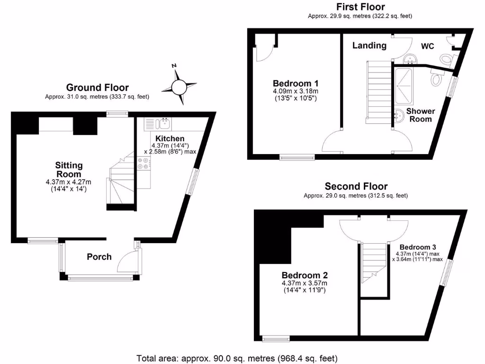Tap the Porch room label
coord(99,257)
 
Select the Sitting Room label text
coord(69,170)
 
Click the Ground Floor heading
coord(97,87)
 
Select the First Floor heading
coord(360,7)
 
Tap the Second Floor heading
coord(356,186)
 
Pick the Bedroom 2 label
coord(305,275)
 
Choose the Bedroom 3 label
coord(417,247)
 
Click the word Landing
coord(369,45)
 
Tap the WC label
coord(428,46)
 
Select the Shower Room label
coord(421,115)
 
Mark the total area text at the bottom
coord(237,358)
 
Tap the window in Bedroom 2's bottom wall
coord(276,338)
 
